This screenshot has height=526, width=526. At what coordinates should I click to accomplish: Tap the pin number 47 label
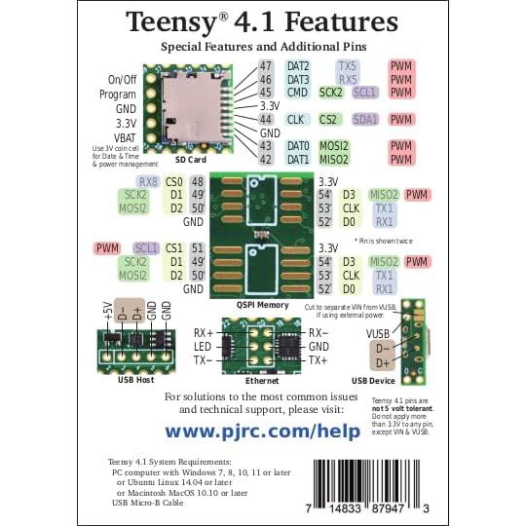coord(265,66)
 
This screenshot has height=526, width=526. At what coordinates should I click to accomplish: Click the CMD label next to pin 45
coord(297,94)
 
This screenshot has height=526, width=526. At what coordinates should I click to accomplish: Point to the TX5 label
coord(348,66)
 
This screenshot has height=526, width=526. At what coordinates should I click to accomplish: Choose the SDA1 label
coord(366,120)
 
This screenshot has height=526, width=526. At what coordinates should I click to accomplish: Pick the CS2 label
coord(330,120)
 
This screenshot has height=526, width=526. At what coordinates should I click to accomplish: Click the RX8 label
coord(148,181)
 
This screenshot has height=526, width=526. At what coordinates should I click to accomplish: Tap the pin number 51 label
coord(197,248)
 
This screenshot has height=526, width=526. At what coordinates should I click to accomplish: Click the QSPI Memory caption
coord(262,305)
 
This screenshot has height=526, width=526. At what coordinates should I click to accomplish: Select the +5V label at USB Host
coord(108,312)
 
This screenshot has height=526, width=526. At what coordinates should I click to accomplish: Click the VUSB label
coord(378,331)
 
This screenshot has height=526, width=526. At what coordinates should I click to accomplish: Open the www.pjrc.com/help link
coord(262,430)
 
